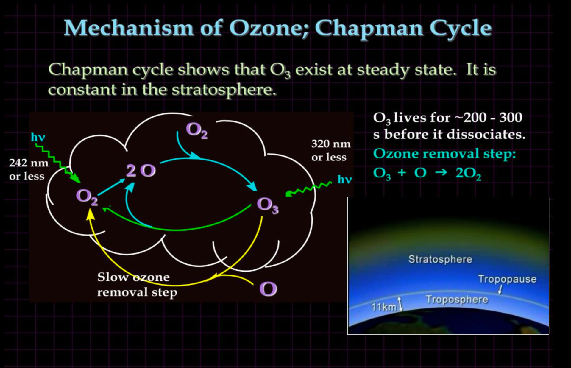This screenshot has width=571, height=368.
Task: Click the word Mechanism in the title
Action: (129, 28)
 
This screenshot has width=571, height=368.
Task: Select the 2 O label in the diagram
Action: (141, 171)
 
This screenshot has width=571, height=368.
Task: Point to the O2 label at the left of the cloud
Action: (87, 197)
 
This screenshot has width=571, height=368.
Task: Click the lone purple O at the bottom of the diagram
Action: (268, 289)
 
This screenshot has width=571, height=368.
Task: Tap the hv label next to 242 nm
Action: (38, 137)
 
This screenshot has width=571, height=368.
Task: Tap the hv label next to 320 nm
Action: (344, 180)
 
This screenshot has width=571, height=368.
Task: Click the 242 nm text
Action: (28, 163)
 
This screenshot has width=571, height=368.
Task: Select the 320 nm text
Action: (331, 144)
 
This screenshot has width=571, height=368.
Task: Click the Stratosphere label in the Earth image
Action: (440, 259)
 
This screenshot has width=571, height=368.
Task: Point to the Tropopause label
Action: (507, 279)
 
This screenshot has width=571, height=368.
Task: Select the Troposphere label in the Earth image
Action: (457, 299)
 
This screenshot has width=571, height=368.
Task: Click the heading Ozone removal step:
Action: (444, 154)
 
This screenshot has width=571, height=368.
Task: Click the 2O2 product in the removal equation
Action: (468, 173)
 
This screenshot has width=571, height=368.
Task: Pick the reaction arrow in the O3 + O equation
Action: (441, 172)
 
